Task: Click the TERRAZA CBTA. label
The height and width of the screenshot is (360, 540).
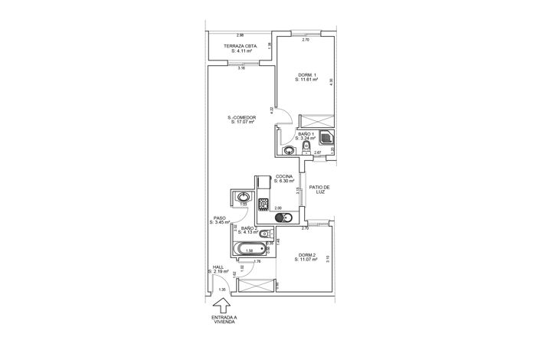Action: (240, 47)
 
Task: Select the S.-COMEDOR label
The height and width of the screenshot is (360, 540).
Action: (241, 117)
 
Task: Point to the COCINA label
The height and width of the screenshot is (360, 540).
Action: (284, 176)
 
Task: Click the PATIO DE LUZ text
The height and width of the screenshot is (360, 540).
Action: (319, 189)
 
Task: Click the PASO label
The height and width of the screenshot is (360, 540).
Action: (221, 217)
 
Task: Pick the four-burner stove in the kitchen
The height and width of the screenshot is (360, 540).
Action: (263, 204)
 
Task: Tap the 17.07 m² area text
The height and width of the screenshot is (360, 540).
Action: (241, 122)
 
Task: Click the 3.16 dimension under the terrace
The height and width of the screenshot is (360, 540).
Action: (241, 68)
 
